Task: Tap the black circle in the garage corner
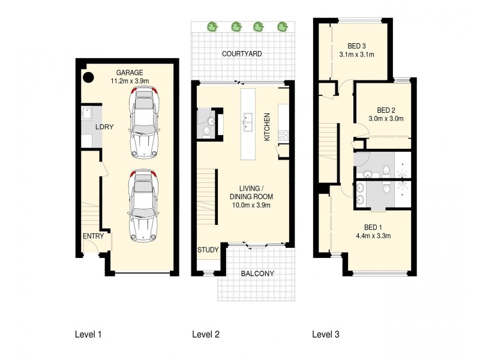(x=88, y=77)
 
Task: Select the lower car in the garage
(x=143, y=204)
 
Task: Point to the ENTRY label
(x=93, y=236)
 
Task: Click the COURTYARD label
(x=242, y=54)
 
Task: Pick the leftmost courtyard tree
(x=211, y=26)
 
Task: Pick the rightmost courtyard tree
(x=281, y=26)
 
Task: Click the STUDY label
(x=208, y=250)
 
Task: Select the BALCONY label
(x=257, y=274)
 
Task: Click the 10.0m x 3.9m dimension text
(x=251, y=205)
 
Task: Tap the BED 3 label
(x=357, y=45)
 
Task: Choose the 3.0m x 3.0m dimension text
(x=386, y=118)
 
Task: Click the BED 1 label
(x=373, y=227)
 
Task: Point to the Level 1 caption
(x=88, y=334)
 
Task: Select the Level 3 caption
(x=325, y=334)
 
